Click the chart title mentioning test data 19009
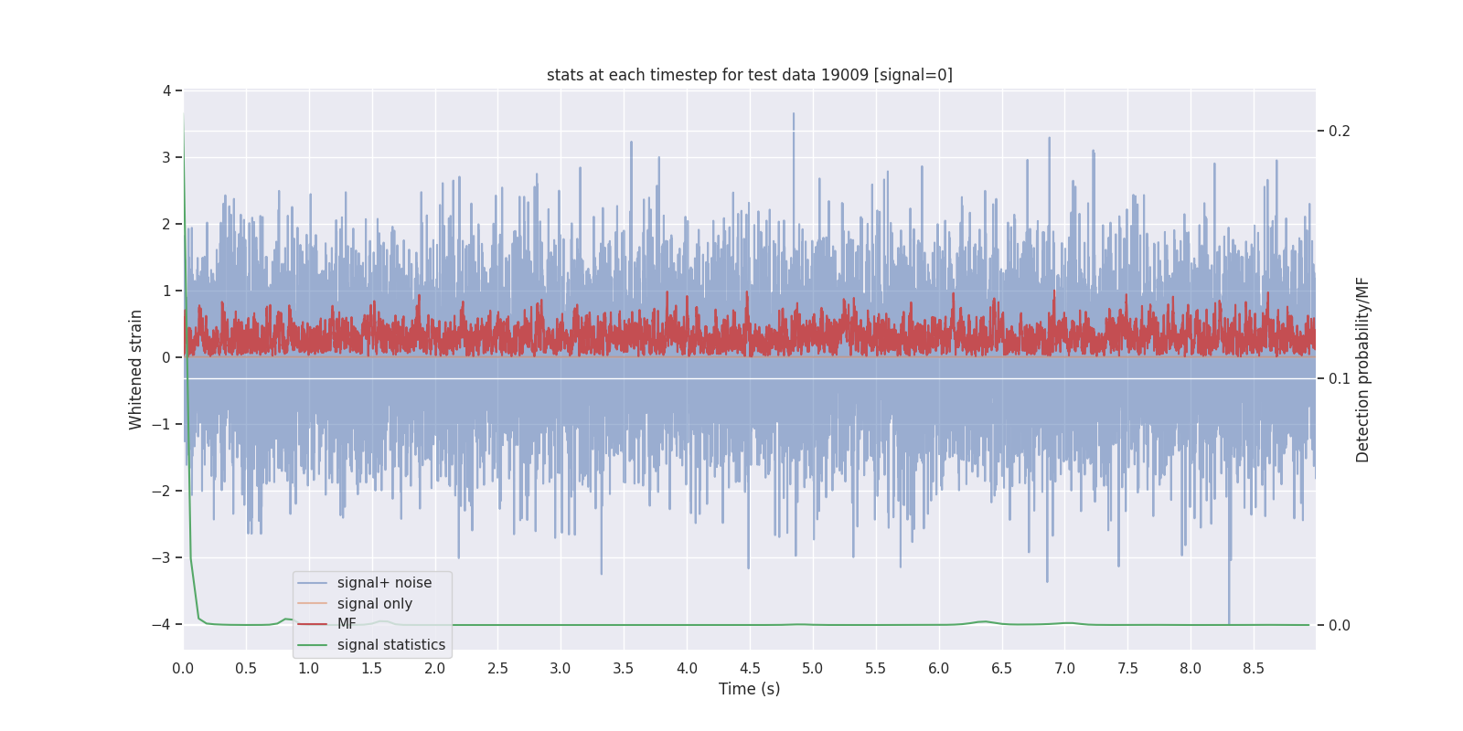pyautogui.click(x=749, y=75)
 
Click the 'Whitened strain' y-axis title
pyautogui.click(x=136, y=369)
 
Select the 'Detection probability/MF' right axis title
pyautogui.click(x=1362, y=369)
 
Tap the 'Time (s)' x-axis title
pyautogui.click(x=749, y=689)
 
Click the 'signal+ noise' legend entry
pyautogui.click(x=384, y=583)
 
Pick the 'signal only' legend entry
pyautogui.click(x=374, y=604)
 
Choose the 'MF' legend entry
pyautogui.click(x=347, y=624)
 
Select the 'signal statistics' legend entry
pyautogui.click(x=390, y=645)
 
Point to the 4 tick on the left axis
pyautogui.click(x=166, y=90)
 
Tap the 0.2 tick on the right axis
pyautogui.click(x=1339, y=132)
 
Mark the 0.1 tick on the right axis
pyautogui.click(x=1339, y=378)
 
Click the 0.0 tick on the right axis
pyautogui.click(x=1339, y=626)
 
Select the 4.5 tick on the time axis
pyautogui.click(x=750, y=669)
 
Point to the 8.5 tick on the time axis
pyautogui.click(x=1254, y=669)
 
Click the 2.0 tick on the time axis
pyautogui.click(x=435, y=669)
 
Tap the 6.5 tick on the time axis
pyautogui.click(x=1002, y=669)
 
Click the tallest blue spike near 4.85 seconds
pyautogui.click(x=794, y=115)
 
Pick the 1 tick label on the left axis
pyautogui.click(x=166, y=291)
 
